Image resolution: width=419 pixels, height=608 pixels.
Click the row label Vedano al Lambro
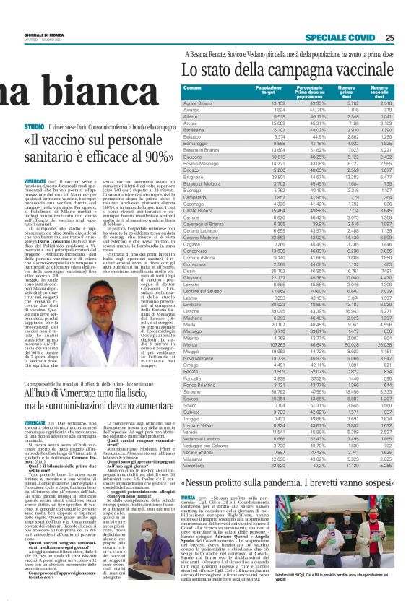click(203, 438)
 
